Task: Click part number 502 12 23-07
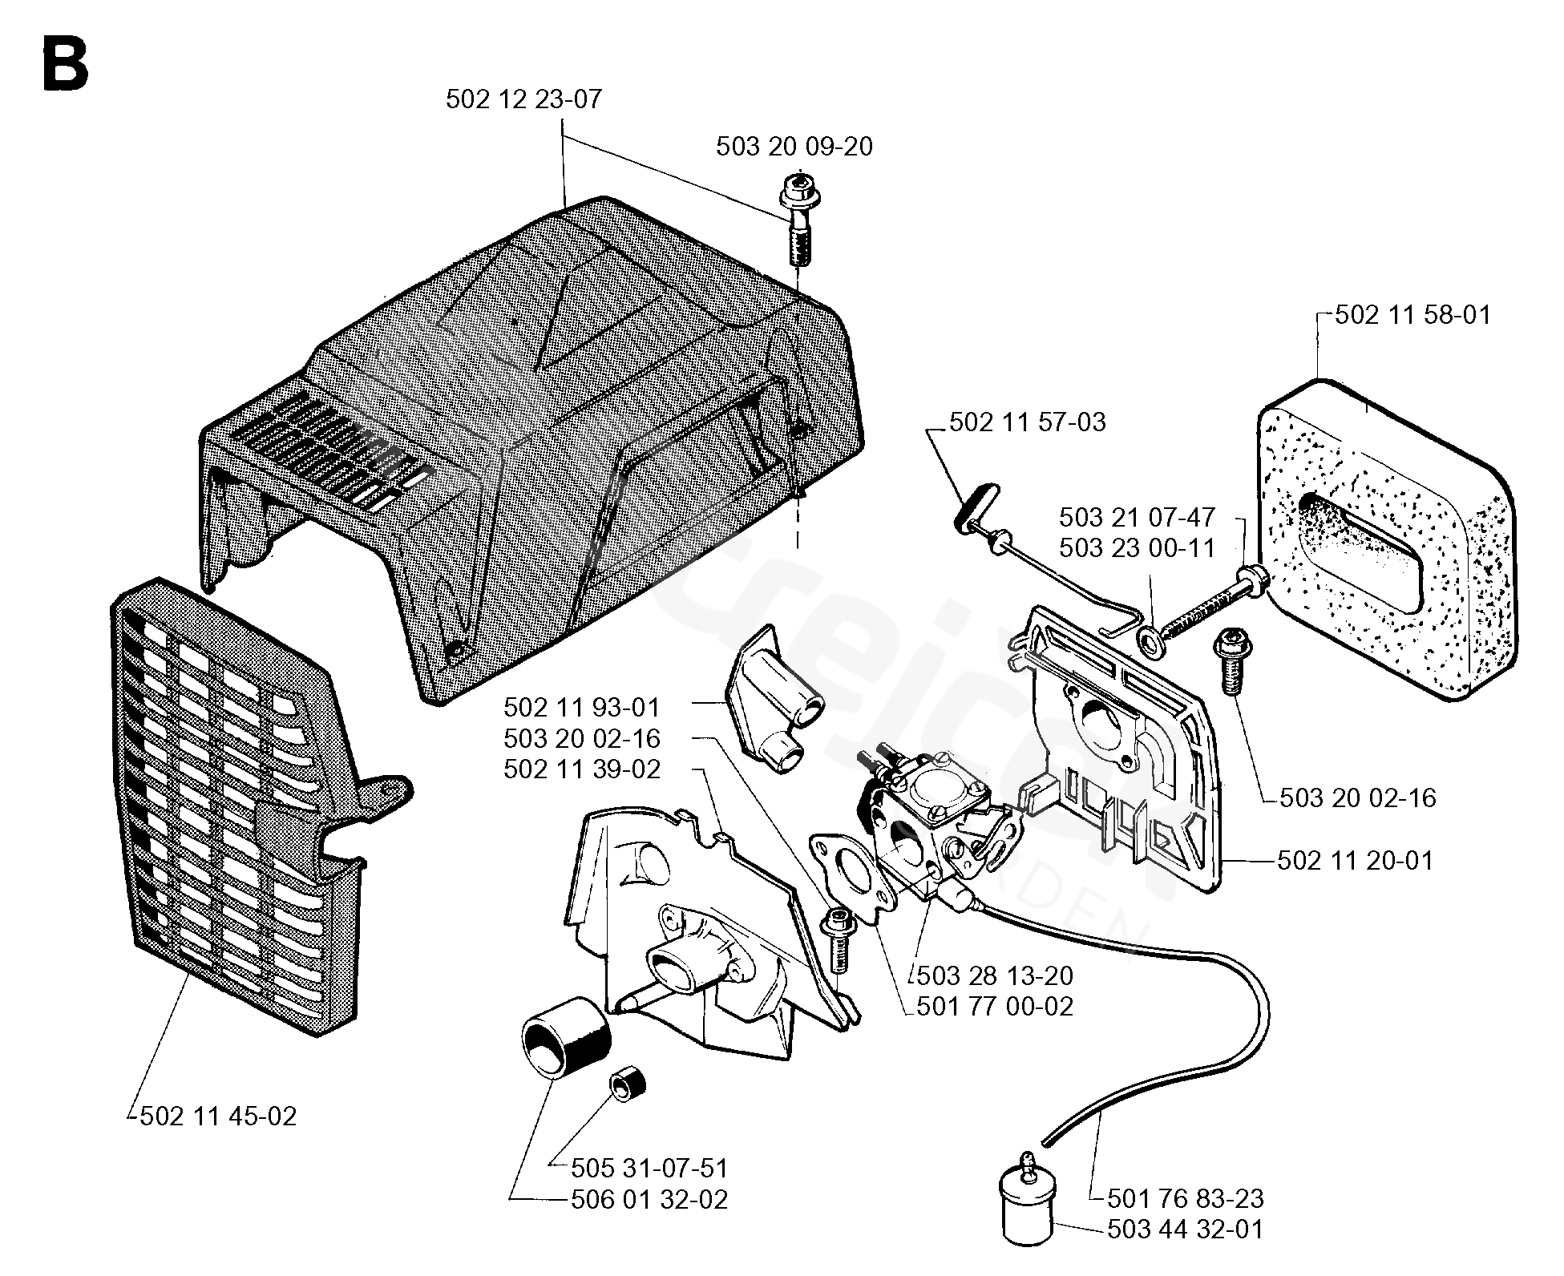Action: (523, 99)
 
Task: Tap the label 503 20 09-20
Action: (794, 147)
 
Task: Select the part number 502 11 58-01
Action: (1413, 314)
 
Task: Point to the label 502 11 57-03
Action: (1028, 422)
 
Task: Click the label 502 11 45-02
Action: (218, 1116)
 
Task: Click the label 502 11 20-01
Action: (1355, 861)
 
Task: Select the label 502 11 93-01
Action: (582, 708)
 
